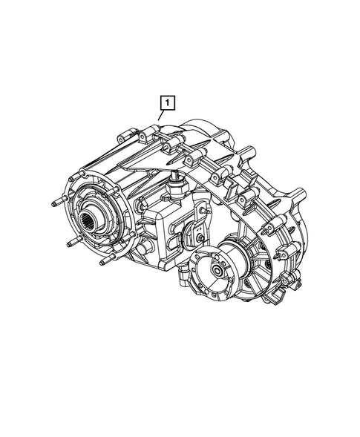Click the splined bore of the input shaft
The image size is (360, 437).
89,218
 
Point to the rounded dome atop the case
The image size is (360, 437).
204,128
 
